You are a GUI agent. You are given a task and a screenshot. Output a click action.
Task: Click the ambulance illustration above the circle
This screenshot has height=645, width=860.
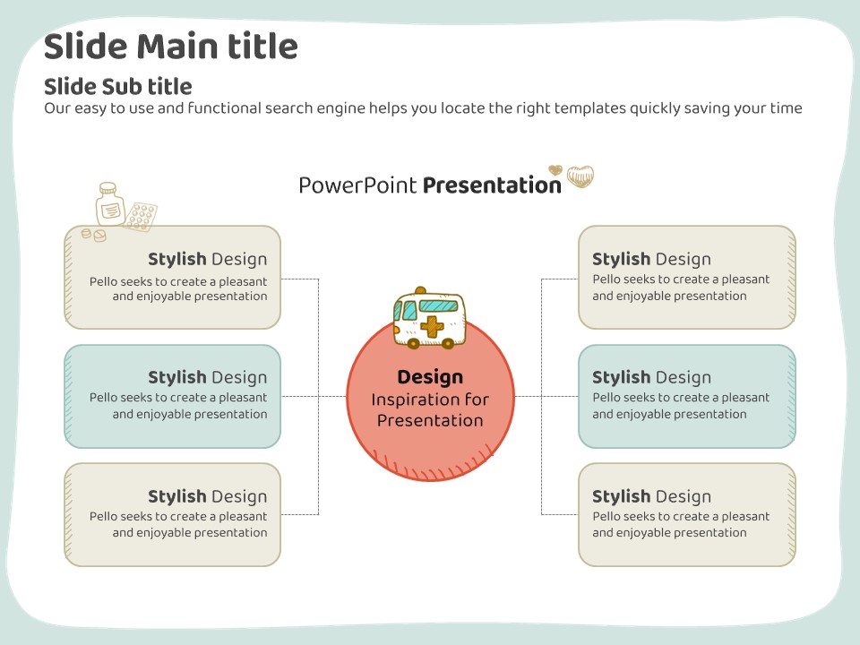[429, 318]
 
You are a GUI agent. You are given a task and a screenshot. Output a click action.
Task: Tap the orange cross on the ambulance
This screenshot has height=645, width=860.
[432, 326]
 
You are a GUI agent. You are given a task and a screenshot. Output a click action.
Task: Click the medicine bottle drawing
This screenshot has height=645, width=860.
[109, 204]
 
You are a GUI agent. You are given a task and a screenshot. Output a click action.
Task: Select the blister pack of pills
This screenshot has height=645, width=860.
[141, 216]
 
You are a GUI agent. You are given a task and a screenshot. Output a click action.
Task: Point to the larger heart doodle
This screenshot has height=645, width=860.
[580, 176]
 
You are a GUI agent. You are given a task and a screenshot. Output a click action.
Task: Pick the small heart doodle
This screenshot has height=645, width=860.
[555, 170]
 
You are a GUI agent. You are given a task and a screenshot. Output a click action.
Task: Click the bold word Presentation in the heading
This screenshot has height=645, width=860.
[492, 185]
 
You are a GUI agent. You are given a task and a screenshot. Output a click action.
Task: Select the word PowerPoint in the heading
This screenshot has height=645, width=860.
[357, 185]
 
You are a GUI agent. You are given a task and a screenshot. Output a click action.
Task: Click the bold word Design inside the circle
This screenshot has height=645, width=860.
[430, 377]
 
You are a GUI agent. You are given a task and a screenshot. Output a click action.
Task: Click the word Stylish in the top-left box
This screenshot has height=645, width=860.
[177, 259]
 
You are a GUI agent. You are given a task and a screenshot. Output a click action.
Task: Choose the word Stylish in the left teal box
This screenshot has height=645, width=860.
[177, 377]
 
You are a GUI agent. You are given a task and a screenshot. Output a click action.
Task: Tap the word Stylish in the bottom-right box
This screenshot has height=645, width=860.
[622, 496]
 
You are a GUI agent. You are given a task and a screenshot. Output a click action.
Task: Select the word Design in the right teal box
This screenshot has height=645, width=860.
[684, 378]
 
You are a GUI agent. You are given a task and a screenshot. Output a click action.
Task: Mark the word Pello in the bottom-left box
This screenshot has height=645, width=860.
[103, 516]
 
